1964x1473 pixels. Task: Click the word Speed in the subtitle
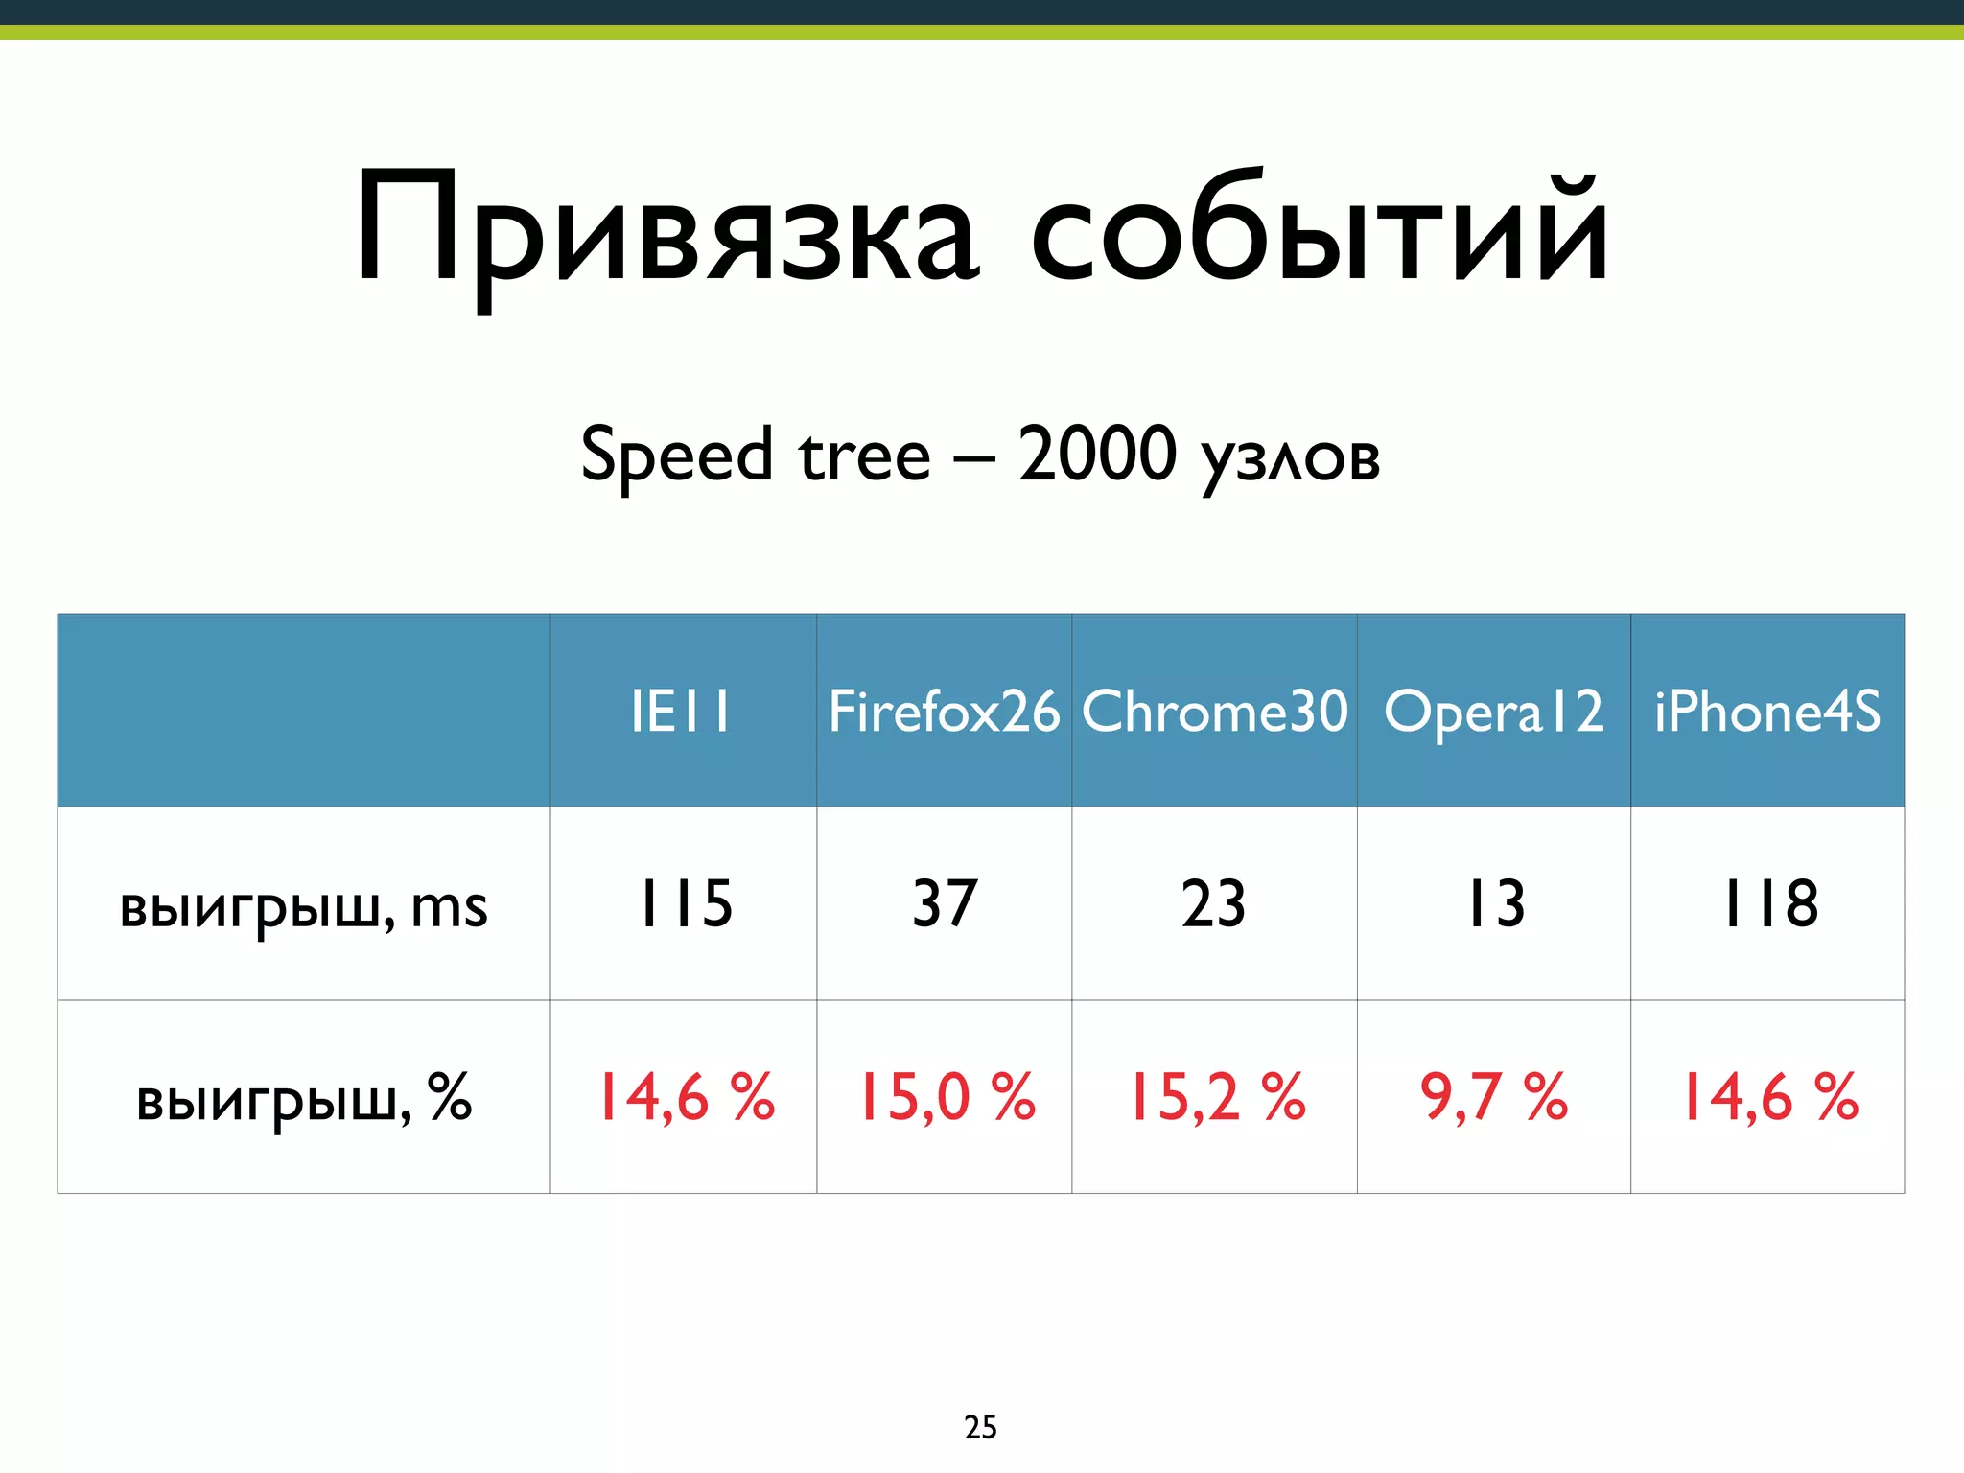point(676,456)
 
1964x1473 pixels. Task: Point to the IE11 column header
point(681,712)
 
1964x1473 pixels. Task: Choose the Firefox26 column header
point(944,712)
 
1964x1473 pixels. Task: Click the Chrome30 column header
point(1214,712)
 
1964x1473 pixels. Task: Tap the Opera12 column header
point(1493,712)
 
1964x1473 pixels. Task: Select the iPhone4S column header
point(1767,712)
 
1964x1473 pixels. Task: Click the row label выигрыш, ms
point(303,906)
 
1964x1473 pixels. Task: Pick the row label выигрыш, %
point(303,1098)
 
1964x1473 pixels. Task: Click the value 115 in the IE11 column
point(685,903)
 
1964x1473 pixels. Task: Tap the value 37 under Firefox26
point(945,903)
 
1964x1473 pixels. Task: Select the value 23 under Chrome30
point(1214,903)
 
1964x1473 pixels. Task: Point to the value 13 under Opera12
point(1496,903)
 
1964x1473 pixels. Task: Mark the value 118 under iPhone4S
point(1770,903)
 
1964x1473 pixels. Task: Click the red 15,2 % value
point(1216,1096)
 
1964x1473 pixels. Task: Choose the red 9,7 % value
point(1493,1096)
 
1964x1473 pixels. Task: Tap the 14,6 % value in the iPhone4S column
point(1769,1096)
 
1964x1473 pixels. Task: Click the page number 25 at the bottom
point(980,1427)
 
